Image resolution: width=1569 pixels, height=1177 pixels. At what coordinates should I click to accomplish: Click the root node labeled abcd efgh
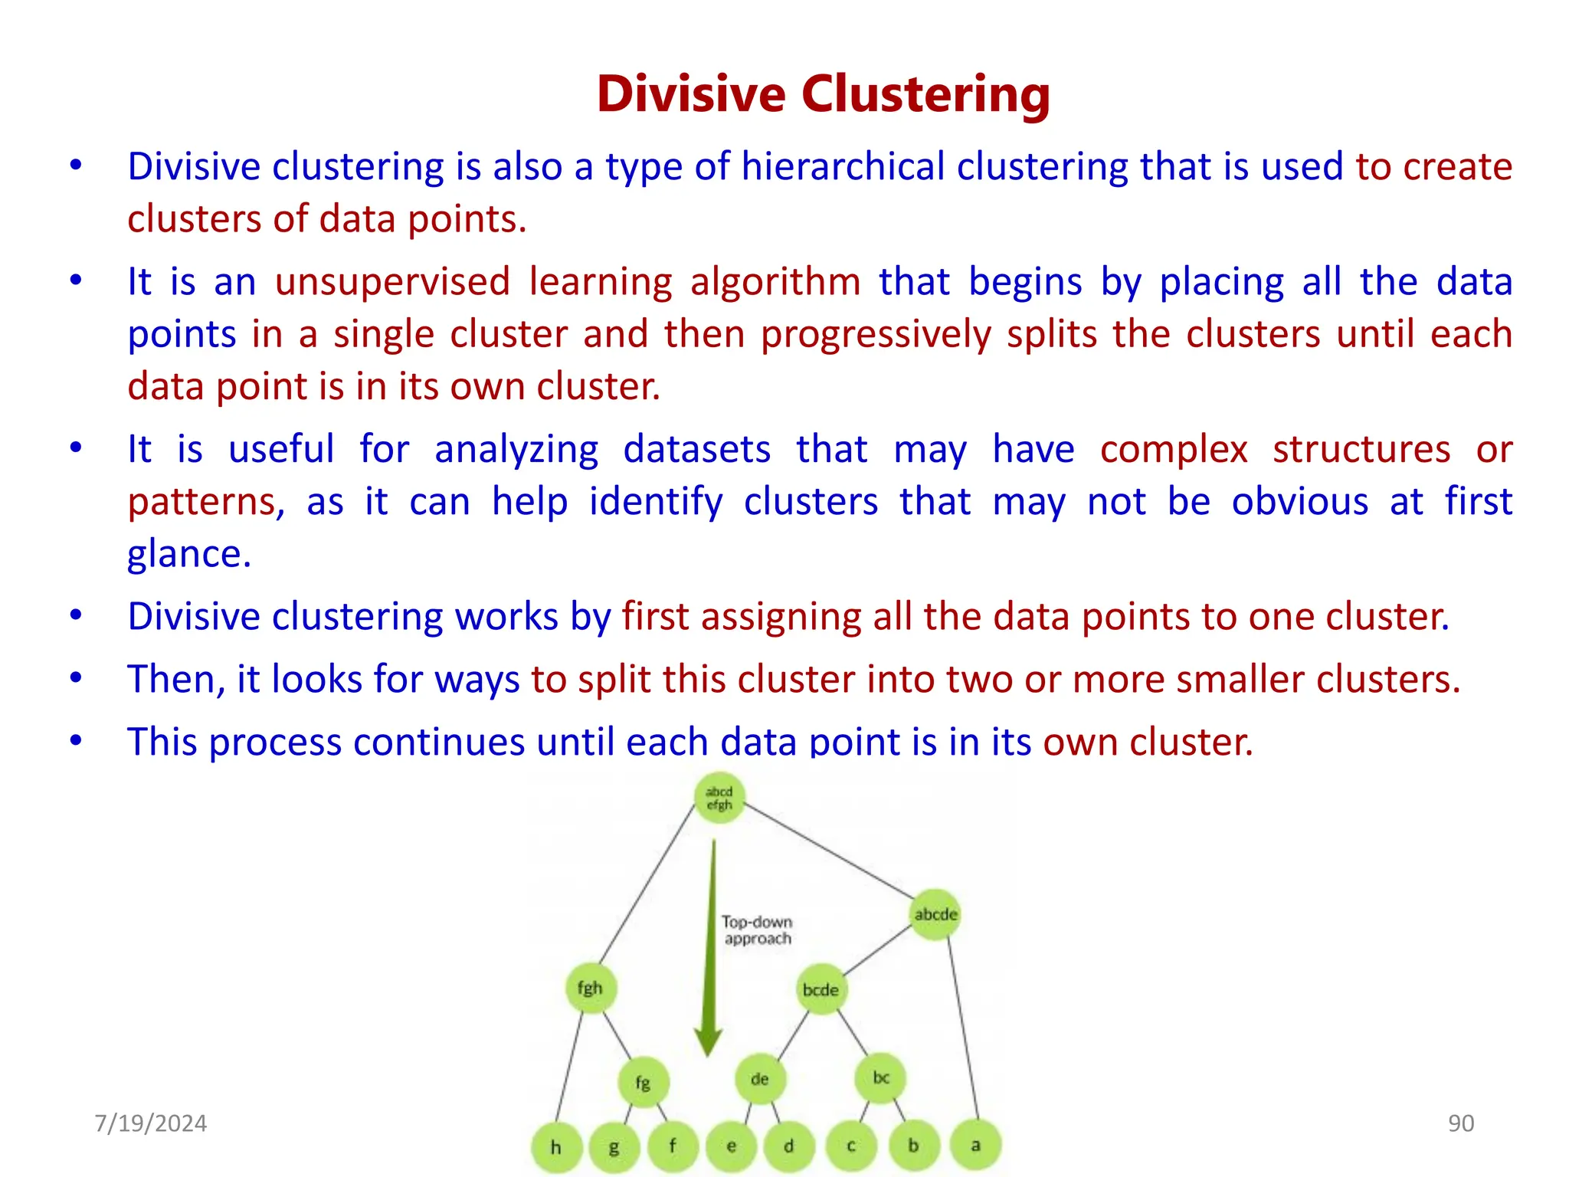pyautogui.click(x=719, y=798)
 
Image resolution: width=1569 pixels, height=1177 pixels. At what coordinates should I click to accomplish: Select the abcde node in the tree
pyautogui.click(x=935, y=914)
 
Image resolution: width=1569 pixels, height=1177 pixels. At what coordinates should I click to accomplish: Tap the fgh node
pyautogui.click(x=591, y=988)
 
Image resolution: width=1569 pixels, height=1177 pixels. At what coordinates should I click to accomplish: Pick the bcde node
pyautogui.click(x=821, y=990)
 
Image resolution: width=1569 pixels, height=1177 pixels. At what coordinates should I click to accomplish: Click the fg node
pyautogui.click(x=644, y=1083)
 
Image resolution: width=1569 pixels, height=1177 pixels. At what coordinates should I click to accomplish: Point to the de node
pyautogui.click(x=759, y=1079)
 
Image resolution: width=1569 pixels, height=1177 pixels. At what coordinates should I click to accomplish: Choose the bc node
pyautogui.click(x=881, y=1078)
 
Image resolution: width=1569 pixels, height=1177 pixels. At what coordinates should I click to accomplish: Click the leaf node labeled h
pyautogui.click(x=556, y=1147)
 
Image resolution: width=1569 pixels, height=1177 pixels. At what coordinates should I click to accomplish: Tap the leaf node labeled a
pyautogui.click(x=975, y=1146)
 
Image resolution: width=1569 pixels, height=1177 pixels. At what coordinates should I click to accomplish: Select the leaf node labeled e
pyautogui.click(x=732, y=1146)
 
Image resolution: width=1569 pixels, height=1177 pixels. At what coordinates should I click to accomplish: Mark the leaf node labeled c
pyautogui.click(x=851, y=1146)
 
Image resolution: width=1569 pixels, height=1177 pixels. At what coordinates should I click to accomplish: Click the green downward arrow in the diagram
pyautogui.click(x=710, y=950)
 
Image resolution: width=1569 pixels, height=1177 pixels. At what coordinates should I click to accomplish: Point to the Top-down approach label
pyautogui.click(x=757, y=930)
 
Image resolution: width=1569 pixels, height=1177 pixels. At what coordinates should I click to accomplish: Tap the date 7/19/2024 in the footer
pyautogui.click(x=150, y=1123)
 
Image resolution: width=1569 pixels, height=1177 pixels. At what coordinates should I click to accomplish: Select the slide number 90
pyautogui.click(x=1460, y=1123)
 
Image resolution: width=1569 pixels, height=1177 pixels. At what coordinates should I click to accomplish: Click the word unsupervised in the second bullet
pyautogui.click(x=392, y=282)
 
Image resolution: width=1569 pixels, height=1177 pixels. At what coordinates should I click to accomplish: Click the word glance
pyautogui.click(x=188, y=554)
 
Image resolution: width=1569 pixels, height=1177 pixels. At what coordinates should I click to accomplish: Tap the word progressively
pyautogui.click(x=876, y=335)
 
